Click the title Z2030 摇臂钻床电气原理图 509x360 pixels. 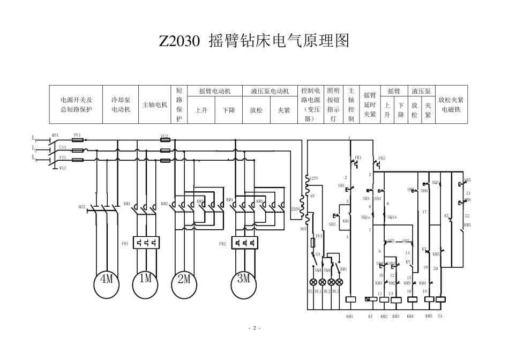tap(254, 41)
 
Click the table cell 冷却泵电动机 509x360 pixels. tap(121, 104)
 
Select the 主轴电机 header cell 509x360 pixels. tap(155, 104)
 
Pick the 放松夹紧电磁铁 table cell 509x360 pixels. tap(451, 104)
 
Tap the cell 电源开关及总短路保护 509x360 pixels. tap(76, 104)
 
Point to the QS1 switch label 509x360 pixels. tap(55, 135)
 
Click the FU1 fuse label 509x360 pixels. tap(78, 135)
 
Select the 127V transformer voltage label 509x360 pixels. tap(313, 178)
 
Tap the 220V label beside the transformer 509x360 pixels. tap(295, 208)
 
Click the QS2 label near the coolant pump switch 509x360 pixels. tap(82, 206)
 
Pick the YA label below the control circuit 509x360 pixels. tap(440, 317)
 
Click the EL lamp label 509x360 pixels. tap(310, 291)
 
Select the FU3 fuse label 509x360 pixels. tap(319, 235)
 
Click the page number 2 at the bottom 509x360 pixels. tap(254, 328)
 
